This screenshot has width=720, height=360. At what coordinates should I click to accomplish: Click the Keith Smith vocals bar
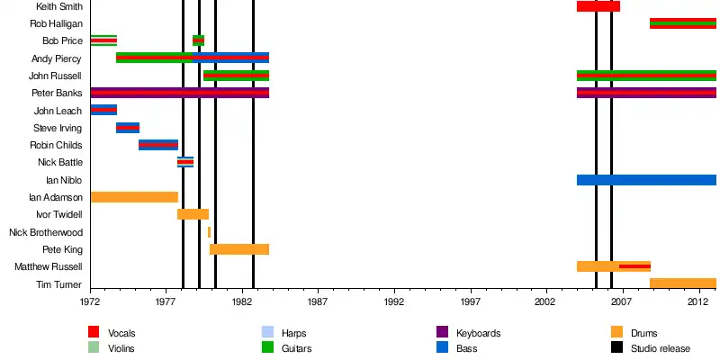598,6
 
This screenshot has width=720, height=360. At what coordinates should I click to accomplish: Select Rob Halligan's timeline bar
682,23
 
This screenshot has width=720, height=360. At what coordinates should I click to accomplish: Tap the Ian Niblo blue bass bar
645,180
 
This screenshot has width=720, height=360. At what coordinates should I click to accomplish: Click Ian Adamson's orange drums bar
134,197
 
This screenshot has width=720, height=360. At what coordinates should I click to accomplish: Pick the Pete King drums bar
238,249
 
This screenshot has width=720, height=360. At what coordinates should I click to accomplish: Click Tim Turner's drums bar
682,283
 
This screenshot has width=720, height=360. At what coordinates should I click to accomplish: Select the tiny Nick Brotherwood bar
209,232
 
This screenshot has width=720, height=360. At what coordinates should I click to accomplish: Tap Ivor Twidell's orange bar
193,214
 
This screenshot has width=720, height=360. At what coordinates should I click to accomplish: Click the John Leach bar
103,110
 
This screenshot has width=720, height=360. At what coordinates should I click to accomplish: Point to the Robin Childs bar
158,145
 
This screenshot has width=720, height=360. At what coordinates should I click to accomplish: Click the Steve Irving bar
128,128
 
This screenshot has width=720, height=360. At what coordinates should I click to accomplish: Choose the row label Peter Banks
57,93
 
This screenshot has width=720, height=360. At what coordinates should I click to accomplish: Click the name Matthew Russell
50,267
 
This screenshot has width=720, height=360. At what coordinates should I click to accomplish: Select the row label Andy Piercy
57,58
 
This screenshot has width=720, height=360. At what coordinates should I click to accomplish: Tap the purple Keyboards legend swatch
442,333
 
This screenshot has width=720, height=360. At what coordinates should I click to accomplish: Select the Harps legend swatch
267,333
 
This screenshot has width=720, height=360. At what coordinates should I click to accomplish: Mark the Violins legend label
121,347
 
